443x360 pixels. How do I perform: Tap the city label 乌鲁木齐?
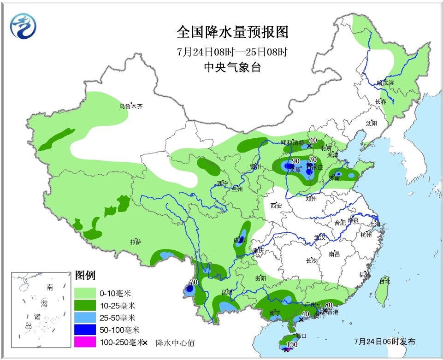click(131, 106)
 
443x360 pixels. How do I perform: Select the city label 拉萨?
click(136, 242)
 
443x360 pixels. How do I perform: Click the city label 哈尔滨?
click(385, 83)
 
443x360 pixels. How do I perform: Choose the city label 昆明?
click(227, 292)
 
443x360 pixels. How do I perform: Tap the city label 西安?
click(276, 206)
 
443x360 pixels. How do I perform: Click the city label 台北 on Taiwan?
click(384, 281)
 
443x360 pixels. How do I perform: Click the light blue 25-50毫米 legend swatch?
click(85, 318)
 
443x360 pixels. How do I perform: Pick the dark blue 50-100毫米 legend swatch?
click(85, 330)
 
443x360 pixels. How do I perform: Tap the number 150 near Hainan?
click(291, 344)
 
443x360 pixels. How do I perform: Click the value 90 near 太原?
click(296, 161)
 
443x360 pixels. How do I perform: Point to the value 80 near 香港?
click(329, 305)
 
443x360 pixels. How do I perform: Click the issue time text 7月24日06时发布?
click(385, 342)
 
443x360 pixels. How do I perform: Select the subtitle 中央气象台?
click(232, 67)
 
